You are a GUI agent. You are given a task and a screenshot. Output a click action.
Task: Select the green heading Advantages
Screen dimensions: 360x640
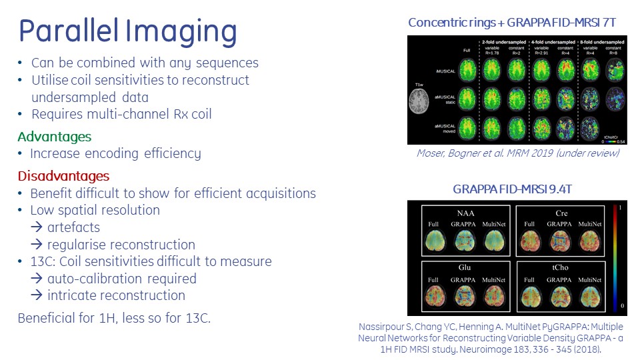point(54,137)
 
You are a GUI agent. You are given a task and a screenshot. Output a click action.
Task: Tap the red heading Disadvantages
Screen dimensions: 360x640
point(63,176)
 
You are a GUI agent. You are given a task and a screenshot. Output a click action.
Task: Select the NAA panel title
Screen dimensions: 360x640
point(465,213)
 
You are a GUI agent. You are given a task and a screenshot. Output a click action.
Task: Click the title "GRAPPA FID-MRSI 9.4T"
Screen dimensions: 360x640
point(512,189)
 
